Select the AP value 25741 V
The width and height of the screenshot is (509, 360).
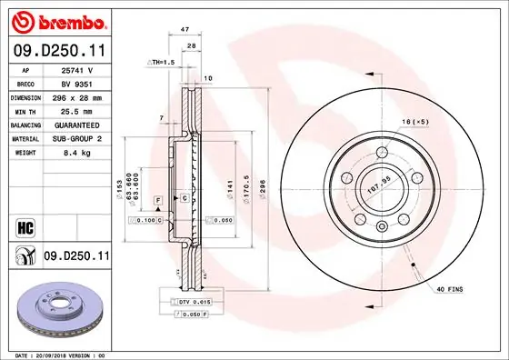(x=72, y=68)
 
